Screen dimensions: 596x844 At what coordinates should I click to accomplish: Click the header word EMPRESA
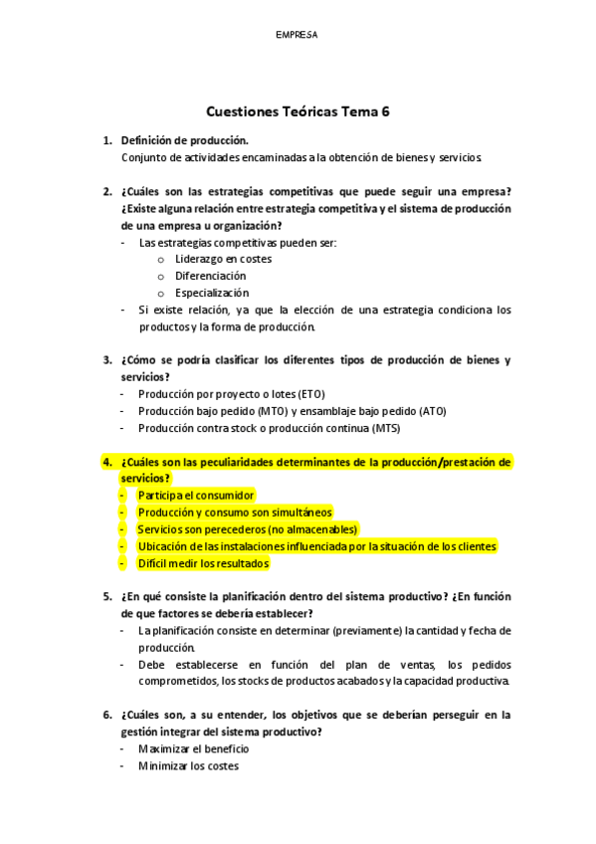[x=297, y=35]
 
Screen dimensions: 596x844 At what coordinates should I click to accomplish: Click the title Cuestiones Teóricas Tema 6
[x=298, y=112]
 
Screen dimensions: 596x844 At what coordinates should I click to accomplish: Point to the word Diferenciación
[x=210, y=276]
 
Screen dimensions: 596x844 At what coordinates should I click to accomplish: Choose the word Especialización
[x=212, y=293]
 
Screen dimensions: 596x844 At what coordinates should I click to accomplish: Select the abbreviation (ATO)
[x=432, y=411]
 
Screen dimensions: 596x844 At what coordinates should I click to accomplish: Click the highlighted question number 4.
[x=106, y=462]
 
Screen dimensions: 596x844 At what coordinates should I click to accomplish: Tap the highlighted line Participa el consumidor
[x=196, y=496]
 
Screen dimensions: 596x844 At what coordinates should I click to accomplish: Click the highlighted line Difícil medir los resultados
[x=203, y=563]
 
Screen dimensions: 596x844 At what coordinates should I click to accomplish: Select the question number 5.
[x=106, y=597]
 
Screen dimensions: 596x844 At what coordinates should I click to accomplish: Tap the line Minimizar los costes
[x=188, y=765]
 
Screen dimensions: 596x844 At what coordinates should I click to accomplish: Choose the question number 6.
[x=106, y=715]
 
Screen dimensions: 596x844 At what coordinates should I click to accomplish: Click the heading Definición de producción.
[x=184, y=140]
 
